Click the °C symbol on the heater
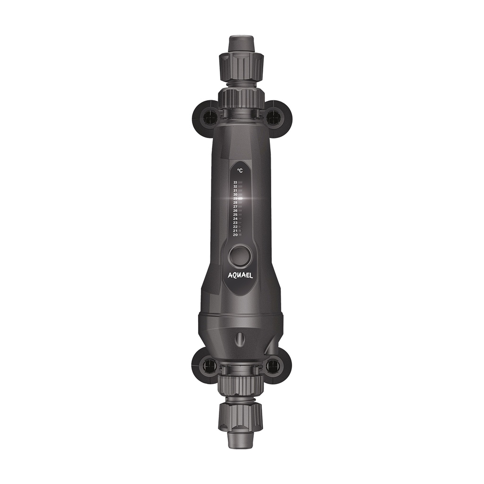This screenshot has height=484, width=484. click(x=240, y=171)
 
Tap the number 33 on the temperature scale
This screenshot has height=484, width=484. click(x=235, y=182)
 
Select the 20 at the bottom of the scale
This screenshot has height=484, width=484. click(x=235, y=234)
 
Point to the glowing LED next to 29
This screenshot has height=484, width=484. click(x=241, y=199)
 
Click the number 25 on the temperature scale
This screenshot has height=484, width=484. click(x=235, y=215)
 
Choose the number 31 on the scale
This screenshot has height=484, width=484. click(x=235, y=190)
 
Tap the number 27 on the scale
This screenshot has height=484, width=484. click(x=235, y=207)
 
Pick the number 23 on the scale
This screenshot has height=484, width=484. click(x=235, y=223)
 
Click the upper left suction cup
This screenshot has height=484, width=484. click(x=206, y=118)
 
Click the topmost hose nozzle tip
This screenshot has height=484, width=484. click(x=239, y=43)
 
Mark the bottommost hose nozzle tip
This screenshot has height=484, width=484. click(x=239, y=441)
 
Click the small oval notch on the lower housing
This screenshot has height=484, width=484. click(x=240, y=338)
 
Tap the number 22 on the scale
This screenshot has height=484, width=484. click(x=235, y=226)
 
